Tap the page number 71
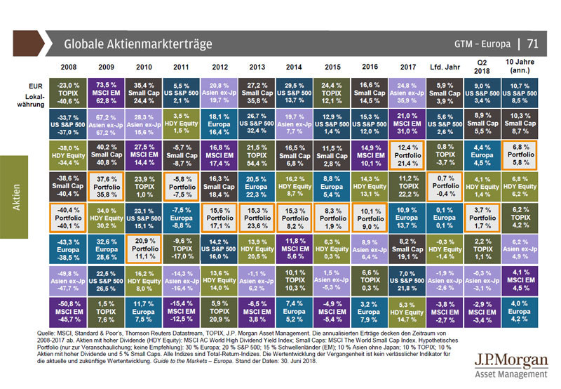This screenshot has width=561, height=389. (532, 44)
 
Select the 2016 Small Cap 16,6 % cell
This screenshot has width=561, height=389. (370, 91)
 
